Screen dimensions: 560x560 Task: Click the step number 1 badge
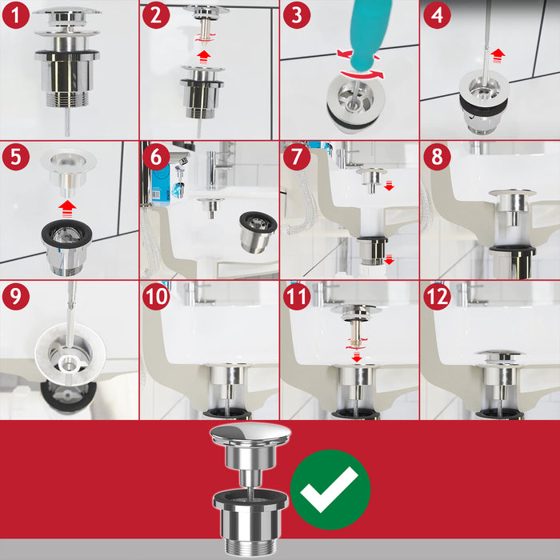(x=15, y=15)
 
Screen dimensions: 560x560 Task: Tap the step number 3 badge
(x=295, y=15)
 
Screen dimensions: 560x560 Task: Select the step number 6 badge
(x=155, y=156)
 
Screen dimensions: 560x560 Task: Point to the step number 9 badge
(x=15, y=296)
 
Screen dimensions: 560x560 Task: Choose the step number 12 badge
(x=437, y=296)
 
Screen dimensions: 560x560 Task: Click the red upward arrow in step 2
(x=205, y=54)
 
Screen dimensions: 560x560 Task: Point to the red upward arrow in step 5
(x=68, y=206)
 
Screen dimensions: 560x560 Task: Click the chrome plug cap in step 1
(x=67, y=14)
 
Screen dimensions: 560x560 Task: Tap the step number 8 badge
(x=437, y=156)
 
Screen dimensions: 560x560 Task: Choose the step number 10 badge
(x=155, y=296)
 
